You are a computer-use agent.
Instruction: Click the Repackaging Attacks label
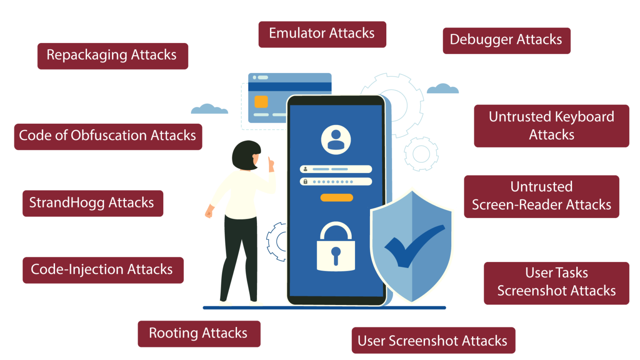pos(113,56)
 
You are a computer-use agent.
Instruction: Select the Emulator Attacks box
pos(322,34)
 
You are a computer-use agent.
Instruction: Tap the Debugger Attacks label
pos(507,40)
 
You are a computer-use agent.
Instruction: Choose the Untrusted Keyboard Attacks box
pos(551,126)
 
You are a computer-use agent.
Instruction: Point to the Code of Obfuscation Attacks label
pos(108,137)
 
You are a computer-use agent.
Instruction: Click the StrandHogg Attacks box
pos(93,203)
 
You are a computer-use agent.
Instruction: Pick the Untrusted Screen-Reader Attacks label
pos(541,197)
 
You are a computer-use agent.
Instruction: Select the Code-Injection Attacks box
pos(103,270)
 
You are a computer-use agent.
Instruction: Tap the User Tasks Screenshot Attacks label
pos(556,283)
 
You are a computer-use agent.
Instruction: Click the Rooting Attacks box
pos(199,334)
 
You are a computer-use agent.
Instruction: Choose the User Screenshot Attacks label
pos(433,340)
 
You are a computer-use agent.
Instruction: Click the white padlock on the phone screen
pos(336,246)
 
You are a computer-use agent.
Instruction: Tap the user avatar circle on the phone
pos(336,140)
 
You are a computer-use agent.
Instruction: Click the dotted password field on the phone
pos(336,181)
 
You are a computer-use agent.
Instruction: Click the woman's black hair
pos(246,155)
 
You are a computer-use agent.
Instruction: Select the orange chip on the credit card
pos(261,102)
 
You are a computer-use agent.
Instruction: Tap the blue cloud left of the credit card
pos(210,109)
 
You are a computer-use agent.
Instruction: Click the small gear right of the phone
pos(421,154)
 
